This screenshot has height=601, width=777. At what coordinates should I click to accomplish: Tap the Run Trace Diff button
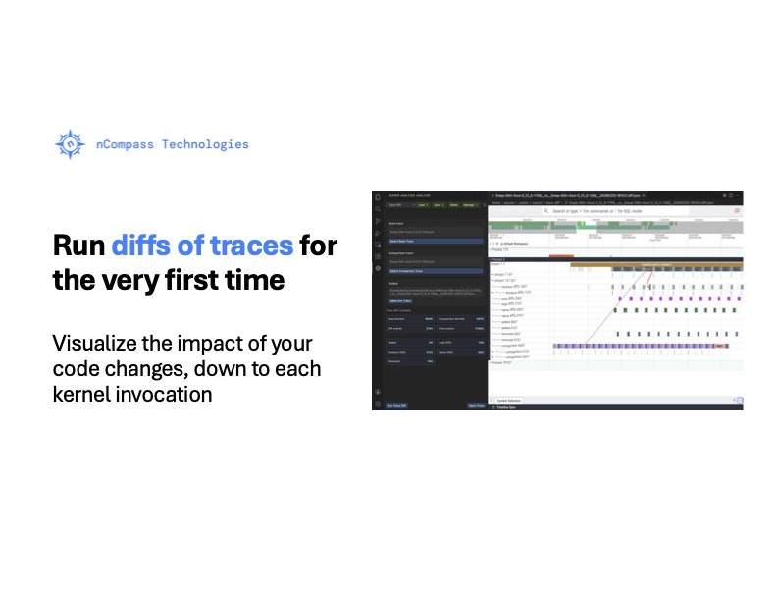(396, 405)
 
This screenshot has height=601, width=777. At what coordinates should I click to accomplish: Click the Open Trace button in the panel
(476, 405)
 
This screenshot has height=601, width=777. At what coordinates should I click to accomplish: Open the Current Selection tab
(510, 401)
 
